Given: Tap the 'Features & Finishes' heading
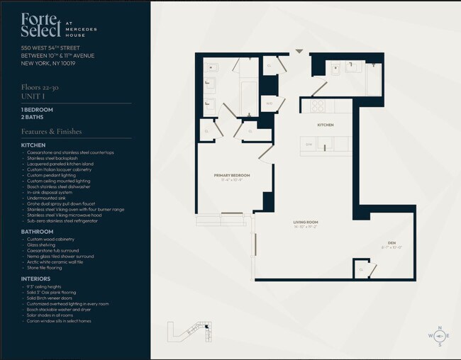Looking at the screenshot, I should point(51,131).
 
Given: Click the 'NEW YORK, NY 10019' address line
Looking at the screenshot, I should point(48,63).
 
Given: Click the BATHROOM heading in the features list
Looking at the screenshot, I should point(37,232).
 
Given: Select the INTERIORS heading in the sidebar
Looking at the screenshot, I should point(35,279).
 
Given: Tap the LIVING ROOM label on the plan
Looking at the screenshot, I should point(306,223).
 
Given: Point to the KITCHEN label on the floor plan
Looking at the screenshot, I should point(325,125).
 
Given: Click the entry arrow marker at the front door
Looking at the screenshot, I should point(299,51).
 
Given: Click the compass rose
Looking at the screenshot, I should point(439,336).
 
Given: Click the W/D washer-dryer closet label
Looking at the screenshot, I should point(270,103).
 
